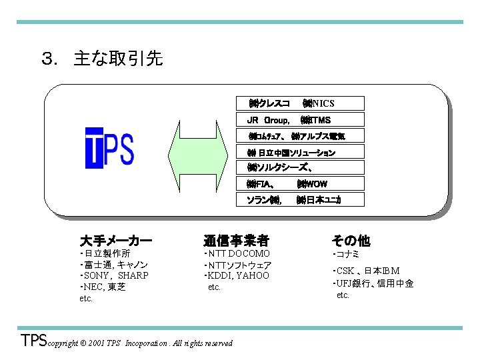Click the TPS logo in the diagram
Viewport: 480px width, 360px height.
pyautogui.click(x=109, y=147)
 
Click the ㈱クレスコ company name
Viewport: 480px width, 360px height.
pyautogui.click(x=269, y=103)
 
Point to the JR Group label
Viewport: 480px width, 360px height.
pyautogui.click(x=267, y=120)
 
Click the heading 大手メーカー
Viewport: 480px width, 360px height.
pyautogui.click(x=115, y=240)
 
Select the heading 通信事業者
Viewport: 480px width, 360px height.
pyautogui.click(x=236, y=240)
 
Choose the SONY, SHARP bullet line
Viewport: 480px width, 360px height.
pyautogui.click(x=115, y=275)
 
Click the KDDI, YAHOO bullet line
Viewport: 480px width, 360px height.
pyautogui.click(x=238, y=275)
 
